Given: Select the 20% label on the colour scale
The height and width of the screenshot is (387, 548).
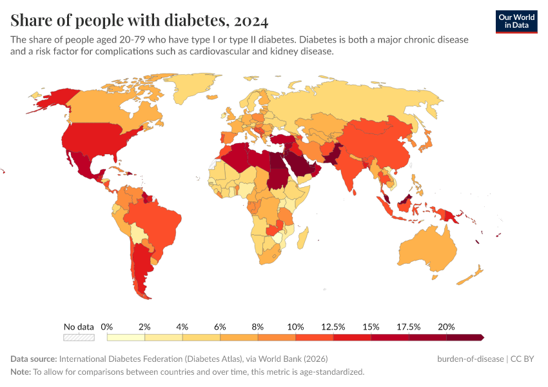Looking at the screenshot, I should tap(446, 327).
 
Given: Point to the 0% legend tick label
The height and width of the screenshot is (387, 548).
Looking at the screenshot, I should tap(107, 327).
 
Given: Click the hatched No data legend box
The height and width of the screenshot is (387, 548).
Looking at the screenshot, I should tap(79, 337).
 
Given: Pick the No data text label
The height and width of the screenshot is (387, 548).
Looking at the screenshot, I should tap(79, 327).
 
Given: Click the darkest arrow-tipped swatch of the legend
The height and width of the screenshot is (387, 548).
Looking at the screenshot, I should tap(464, 337).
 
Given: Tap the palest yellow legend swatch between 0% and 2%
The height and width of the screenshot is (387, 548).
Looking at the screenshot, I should tap(126, 337).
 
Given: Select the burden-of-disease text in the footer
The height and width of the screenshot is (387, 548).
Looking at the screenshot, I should tap(469, 359).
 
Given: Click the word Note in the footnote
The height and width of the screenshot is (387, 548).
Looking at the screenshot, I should tap(21, 372).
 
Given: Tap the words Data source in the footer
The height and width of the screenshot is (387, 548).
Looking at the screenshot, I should tap(34, 359).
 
